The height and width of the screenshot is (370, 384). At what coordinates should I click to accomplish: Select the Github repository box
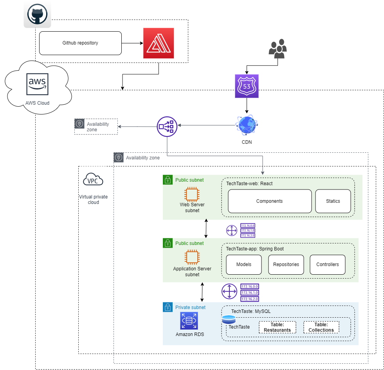coord(80,43)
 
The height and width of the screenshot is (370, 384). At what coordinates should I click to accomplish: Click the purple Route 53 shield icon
coord(247,86)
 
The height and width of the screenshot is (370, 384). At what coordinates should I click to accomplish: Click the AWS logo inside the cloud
coord(38,84)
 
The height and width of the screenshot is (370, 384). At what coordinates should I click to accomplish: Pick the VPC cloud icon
coord(93,180)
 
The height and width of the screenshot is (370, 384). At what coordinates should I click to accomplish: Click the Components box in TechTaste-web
coord(270,201)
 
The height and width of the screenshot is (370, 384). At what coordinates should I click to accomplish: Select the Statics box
coord(333,201)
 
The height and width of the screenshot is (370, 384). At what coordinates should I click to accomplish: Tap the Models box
coord(244,265)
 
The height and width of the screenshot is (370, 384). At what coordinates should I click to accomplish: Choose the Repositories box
coord(286,265)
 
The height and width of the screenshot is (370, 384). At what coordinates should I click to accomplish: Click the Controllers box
coord(328,265)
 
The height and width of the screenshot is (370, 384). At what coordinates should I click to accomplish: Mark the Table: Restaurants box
coord(277,327)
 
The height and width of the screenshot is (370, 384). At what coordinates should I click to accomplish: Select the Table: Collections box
coord(321,327)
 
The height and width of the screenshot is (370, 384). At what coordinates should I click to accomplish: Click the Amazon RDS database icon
coord(189,321)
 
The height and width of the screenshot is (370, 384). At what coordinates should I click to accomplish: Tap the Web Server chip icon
coord(192,194)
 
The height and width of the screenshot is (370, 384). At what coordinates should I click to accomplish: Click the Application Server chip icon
coord(192,257)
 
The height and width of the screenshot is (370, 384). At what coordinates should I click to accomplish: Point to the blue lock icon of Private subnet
coord(168,307)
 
